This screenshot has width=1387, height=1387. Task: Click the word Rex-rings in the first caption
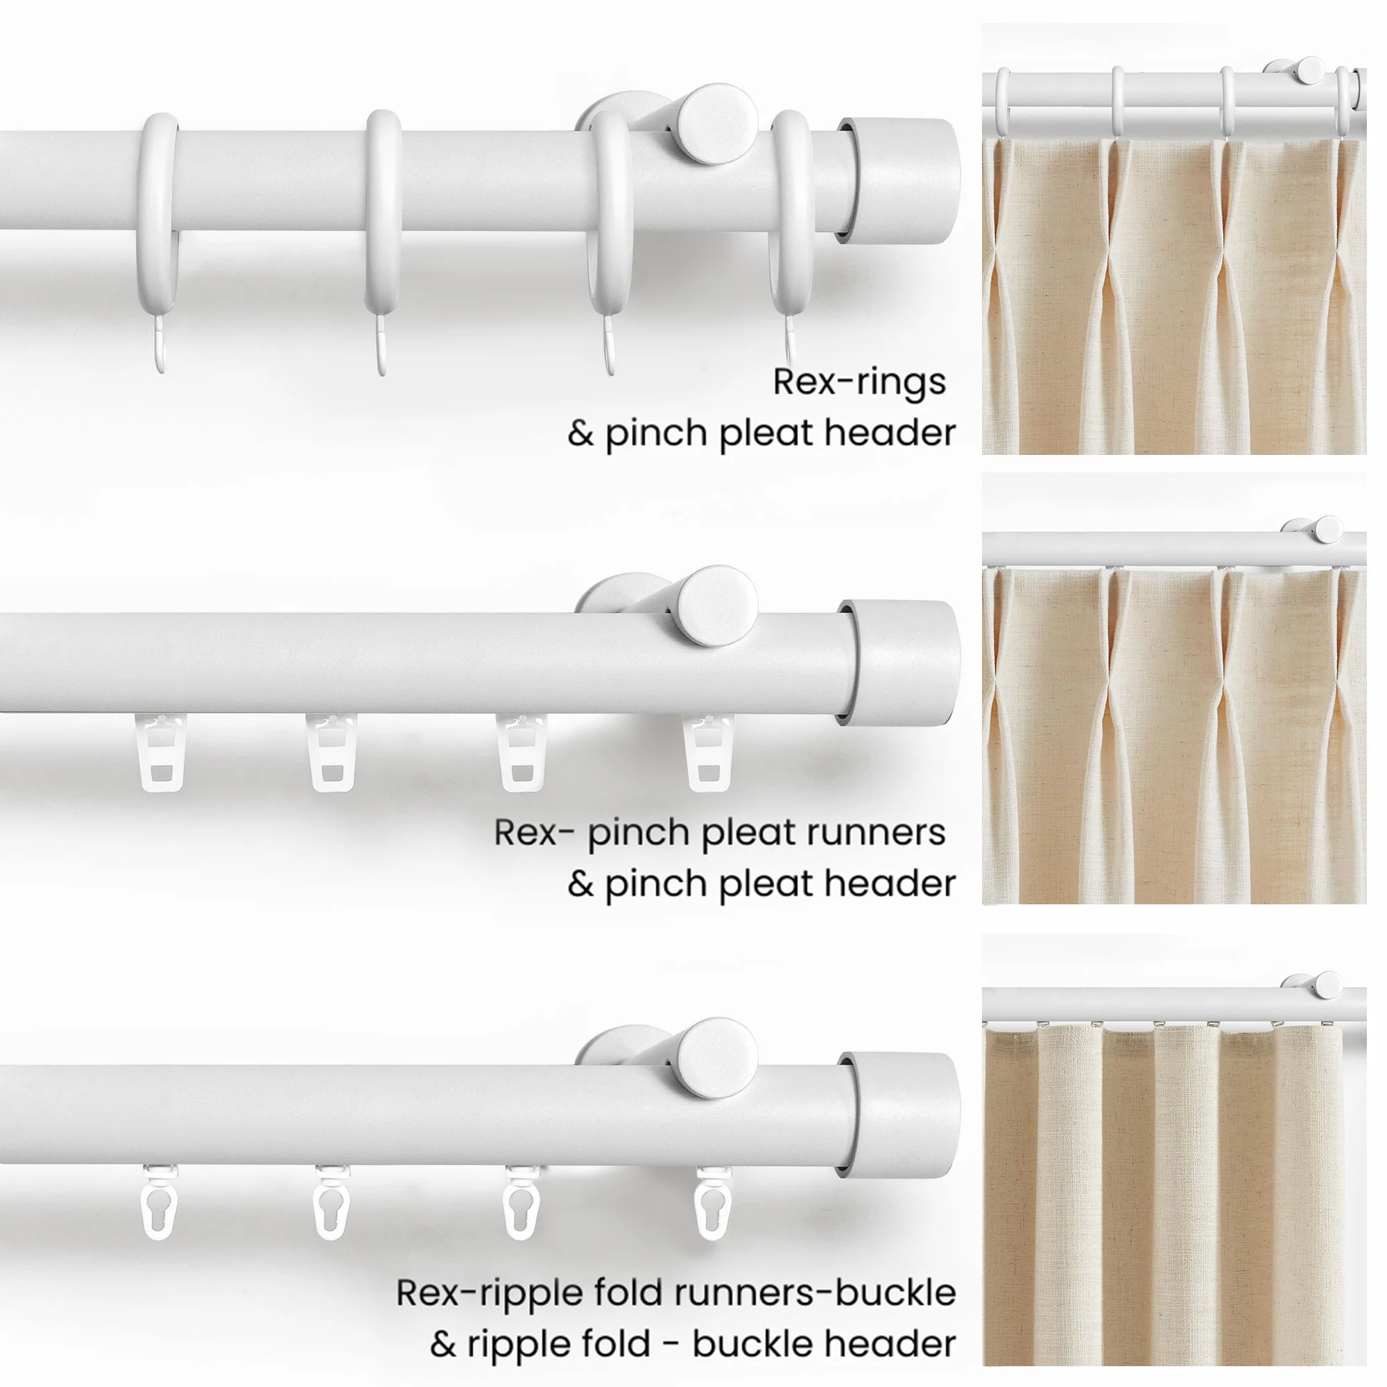[x=859, y=382]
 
